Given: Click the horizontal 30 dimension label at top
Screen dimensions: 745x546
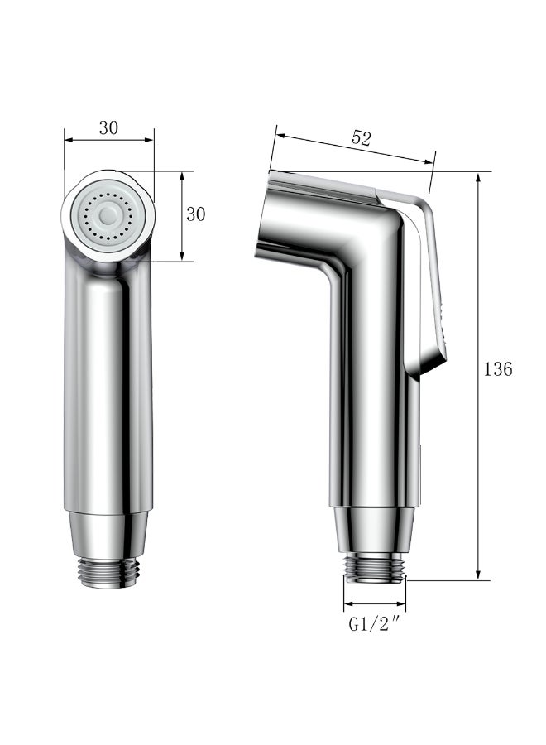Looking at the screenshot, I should coord(108,127).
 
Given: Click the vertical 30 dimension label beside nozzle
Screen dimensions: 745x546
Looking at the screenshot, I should coord(196,214).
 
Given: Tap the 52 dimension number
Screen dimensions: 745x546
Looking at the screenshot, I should coord(361,139).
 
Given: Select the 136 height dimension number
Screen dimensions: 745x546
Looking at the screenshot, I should coord(498,369).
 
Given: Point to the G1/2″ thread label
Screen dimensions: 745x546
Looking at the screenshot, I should coord(375,624).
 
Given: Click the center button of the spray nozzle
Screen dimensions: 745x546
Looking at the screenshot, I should coord(108,215).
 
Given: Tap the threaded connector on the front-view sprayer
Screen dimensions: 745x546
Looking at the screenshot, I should coord(108,570).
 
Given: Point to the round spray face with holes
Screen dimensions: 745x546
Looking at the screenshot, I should coord(108,216).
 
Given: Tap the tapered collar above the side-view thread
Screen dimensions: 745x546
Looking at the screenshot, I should coord(374,526).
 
